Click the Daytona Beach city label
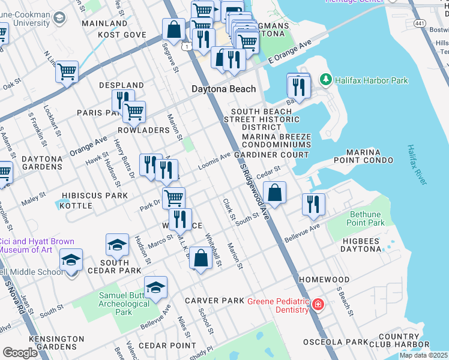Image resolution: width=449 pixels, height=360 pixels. pos(223,89)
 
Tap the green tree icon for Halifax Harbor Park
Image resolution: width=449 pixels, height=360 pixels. pos(326,80)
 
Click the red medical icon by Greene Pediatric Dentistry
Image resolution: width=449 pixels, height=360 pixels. pos(316,305)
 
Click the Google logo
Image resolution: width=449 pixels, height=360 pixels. pos(20,352)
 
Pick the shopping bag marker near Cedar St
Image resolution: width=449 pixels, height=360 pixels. pos(274,193)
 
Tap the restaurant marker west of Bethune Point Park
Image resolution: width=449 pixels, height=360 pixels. pos(313,204)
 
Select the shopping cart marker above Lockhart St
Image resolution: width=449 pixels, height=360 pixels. pos(67,71)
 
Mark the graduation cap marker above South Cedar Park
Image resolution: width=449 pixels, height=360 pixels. pos(117,244)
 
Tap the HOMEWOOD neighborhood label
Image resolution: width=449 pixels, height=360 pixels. pos(324,280)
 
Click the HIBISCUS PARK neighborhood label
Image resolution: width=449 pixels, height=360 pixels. pos(95,196)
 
